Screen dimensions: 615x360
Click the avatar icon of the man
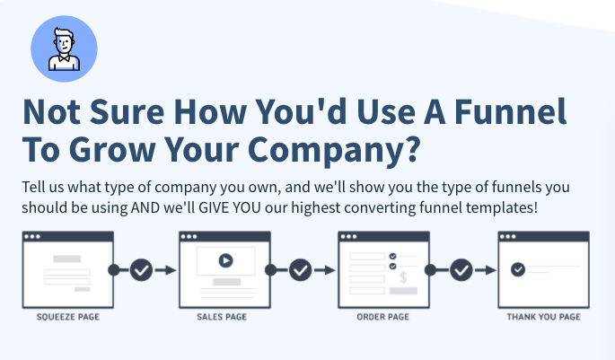coord(64,49)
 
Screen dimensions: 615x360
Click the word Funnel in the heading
coord(510,112)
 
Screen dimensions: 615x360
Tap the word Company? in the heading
coord(334,150)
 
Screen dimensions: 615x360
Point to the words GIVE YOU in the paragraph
coord(230,207)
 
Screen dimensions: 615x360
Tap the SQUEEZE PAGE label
coord(68,317)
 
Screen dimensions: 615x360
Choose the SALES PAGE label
coord(222,317)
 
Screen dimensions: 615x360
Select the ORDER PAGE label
coord(382,317)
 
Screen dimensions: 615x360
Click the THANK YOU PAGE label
coord(543,317)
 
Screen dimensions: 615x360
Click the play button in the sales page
coord(225,260)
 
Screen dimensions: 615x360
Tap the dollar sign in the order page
coord(403,277)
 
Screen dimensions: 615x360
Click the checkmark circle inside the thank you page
coord(518,269)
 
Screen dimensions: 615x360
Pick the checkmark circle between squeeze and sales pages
coord(141,270)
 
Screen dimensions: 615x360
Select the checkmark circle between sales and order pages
coord(301,270)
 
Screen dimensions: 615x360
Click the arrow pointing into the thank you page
coord(485,270)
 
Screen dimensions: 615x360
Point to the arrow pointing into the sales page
coord(165,270)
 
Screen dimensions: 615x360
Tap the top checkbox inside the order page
coord(392,256)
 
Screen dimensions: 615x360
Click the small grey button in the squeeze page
coord(83,289)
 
